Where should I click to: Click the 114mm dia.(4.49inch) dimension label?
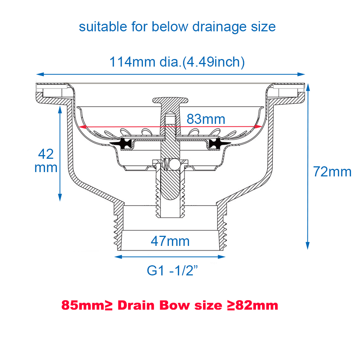coord(177,62)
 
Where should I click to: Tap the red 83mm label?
coord(206,119)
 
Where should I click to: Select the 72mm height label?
coord(332,172)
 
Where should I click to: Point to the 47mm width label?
coord(170,241)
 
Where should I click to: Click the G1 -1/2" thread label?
coord(173,271)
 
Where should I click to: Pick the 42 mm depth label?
coord(46,161)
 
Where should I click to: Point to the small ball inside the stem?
coord(175,165)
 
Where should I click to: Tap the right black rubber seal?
coord(216,144)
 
